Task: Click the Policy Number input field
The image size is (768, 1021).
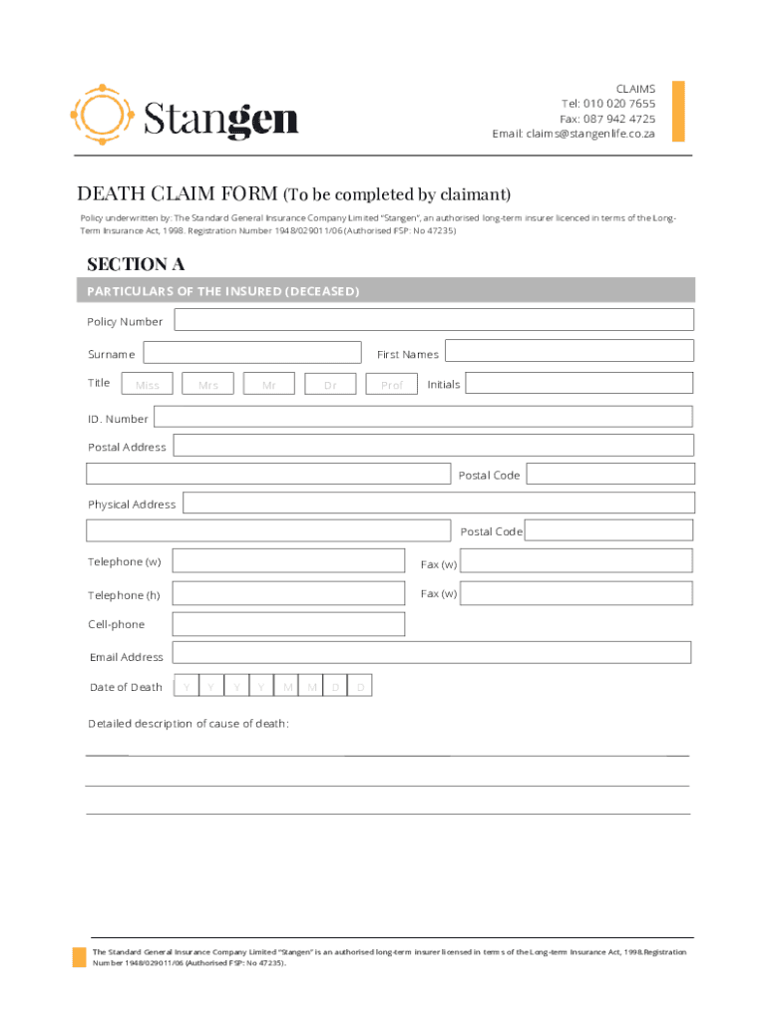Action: click(434, 320)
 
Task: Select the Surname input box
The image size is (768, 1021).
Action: click(252, 353)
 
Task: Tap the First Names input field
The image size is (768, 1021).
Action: click(569, 351)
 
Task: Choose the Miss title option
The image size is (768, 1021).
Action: click(147, 384)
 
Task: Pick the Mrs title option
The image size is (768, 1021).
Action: click(208, 384)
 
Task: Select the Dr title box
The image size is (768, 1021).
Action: click(330, 384)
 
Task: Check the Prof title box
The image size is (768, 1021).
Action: click(392, 384)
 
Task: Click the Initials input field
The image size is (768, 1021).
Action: click(578, 383)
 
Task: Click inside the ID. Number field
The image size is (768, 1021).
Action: click(423, 417)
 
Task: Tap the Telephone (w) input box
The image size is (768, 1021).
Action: click(288, 561)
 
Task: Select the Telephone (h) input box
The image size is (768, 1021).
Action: click(288, 594)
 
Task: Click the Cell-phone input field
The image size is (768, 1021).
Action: click(288, 624)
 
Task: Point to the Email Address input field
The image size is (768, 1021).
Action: click(431, 653)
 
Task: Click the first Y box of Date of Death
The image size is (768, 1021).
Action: click(186, 687)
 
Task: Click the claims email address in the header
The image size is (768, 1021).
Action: click(590, 134)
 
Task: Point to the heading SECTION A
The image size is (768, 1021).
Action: click(136, 264)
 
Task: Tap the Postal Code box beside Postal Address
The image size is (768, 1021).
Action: click(609, 474)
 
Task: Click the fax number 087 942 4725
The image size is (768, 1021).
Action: click(619, 119)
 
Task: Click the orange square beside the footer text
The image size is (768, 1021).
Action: click(79, 957)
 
